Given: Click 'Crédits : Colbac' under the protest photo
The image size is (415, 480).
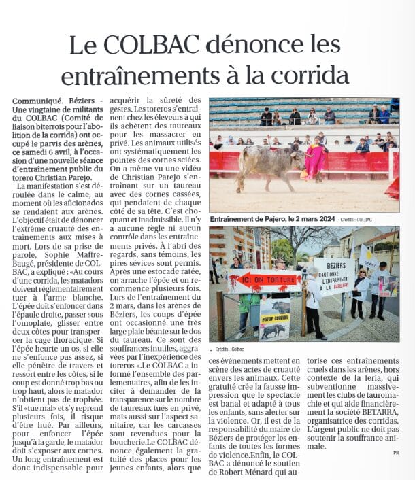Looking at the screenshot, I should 231,349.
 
